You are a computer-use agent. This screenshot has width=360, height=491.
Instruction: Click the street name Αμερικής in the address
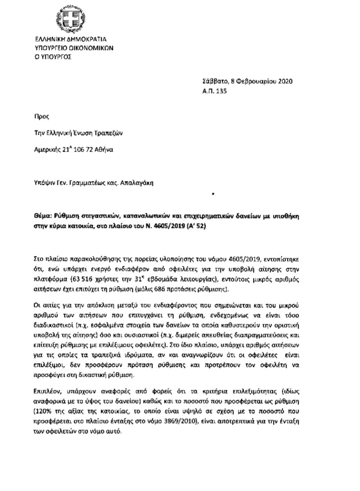pos(48,150)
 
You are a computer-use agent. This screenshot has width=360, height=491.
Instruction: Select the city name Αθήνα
pos(107,150)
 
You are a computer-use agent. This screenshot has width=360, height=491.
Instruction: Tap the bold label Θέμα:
pos(44,215)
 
